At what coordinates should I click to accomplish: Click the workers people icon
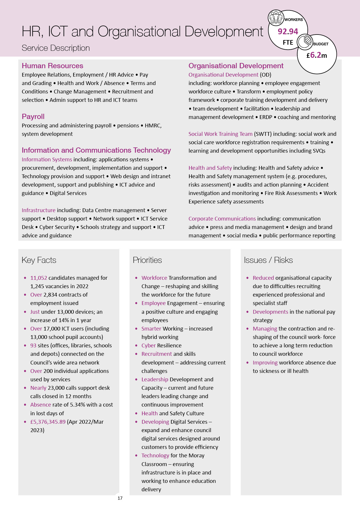click(x=276, y=17)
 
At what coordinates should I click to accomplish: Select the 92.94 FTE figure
click(x=288, y=31)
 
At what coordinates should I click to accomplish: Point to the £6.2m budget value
click(x=316, y=55)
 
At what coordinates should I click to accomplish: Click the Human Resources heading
click(x=52, y=66)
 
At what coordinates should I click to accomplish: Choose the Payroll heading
click(x=33, y=117)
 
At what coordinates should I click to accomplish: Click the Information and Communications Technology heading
click(x=96, y=150)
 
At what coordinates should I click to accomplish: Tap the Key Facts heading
click(x=39, y=260)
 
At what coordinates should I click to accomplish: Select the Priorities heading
click(x=147, y=260)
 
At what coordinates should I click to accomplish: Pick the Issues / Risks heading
click(x=268, y=260)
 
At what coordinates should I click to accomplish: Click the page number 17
click(x=120, y=498)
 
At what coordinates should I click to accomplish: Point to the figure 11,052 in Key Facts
click(x=39, y=278)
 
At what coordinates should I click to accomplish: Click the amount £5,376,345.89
click(x=48, y=422)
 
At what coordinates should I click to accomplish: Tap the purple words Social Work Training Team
click(x=220, y=134)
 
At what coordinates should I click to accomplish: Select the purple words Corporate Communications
click(x=222, y=219)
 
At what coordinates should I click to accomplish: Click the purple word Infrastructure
click(x=38, y=210)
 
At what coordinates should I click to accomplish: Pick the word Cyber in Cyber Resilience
click(x=148, y=345)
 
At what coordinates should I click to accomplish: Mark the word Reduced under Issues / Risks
click(x=263, y=278)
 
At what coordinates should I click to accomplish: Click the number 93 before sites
click(x=33, y=345)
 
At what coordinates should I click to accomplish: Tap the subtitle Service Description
click(x=56, y=48)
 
